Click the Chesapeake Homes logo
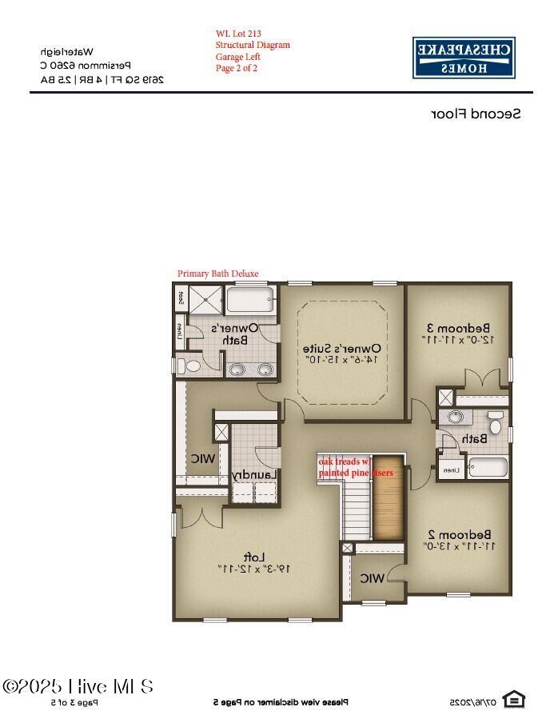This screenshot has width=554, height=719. (464, 58)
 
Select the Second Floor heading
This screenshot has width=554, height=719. (476, 114)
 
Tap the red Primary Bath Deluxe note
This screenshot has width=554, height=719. (217, 274)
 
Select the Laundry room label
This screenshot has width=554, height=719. (254, 475)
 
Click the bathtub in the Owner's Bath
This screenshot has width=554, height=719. (251, 300)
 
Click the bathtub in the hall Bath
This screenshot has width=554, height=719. (487, 466)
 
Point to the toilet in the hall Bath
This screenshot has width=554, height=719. (496, 424)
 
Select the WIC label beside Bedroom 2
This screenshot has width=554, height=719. (371, 577)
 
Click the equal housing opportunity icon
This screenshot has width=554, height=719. (514, 700)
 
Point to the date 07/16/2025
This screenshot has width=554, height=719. (472, 701)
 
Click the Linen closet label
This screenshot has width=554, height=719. (452, 469)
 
